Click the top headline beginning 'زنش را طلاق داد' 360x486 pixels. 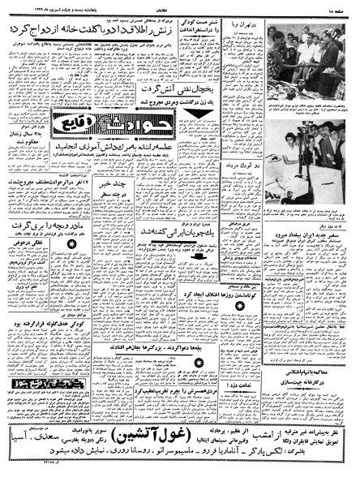point(101,30)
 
